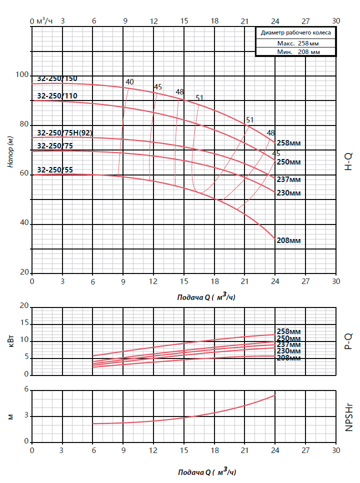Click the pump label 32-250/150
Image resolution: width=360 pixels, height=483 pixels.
click(x=57, y=78)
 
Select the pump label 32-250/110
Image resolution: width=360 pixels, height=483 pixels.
click(x=57, y=96)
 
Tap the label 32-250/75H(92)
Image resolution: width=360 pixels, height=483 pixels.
click(x=64, y=133)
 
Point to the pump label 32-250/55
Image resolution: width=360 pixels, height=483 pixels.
click(x=55, y=170)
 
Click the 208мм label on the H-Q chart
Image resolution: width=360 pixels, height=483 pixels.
click(x=288, y=240)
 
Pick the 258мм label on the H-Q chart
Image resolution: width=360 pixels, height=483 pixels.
click(x=288, y=143)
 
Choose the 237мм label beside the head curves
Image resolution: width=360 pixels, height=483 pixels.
click(x=288, y=179)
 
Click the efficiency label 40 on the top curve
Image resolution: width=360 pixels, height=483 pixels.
click(x=129, y=82)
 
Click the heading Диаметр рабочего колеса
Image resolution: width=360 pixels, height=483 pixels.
click(x=295, y=32)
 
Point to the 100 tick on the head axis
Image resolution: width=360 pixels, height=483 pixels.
click(x=22, y=75)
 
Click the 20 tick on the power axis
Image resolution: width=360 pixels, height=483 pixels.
click(x=23, y=306)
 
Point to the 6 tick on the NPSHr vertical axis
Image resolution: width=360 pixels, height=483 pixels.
click(x=26, y=390)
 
